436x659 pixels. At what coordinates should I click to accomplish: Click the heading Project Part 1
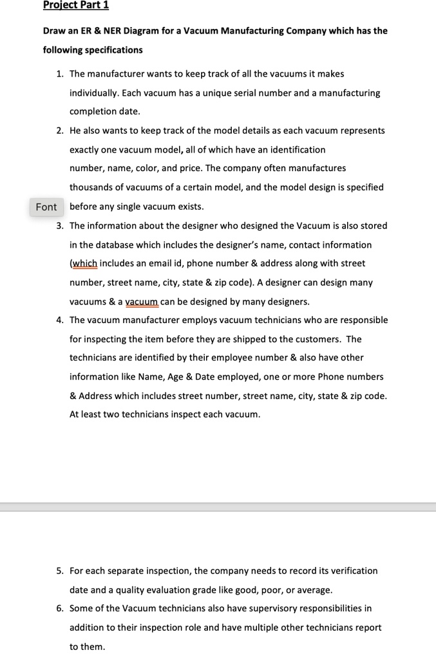(76, 5)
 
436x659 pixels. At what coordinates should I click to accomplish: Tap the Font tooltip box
(46, 207)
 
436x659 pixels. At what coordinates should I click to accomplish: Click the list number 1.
(59, 74)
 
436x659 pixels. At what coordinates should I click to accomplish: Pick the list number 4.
(59, 320)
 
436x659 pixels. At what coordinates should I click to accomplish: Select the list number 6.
(59, 608)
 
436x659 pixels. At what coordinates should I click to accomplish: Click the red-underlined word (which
(84, 263)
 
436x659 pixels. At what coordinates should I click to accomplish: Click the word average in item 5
(315, 589)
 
